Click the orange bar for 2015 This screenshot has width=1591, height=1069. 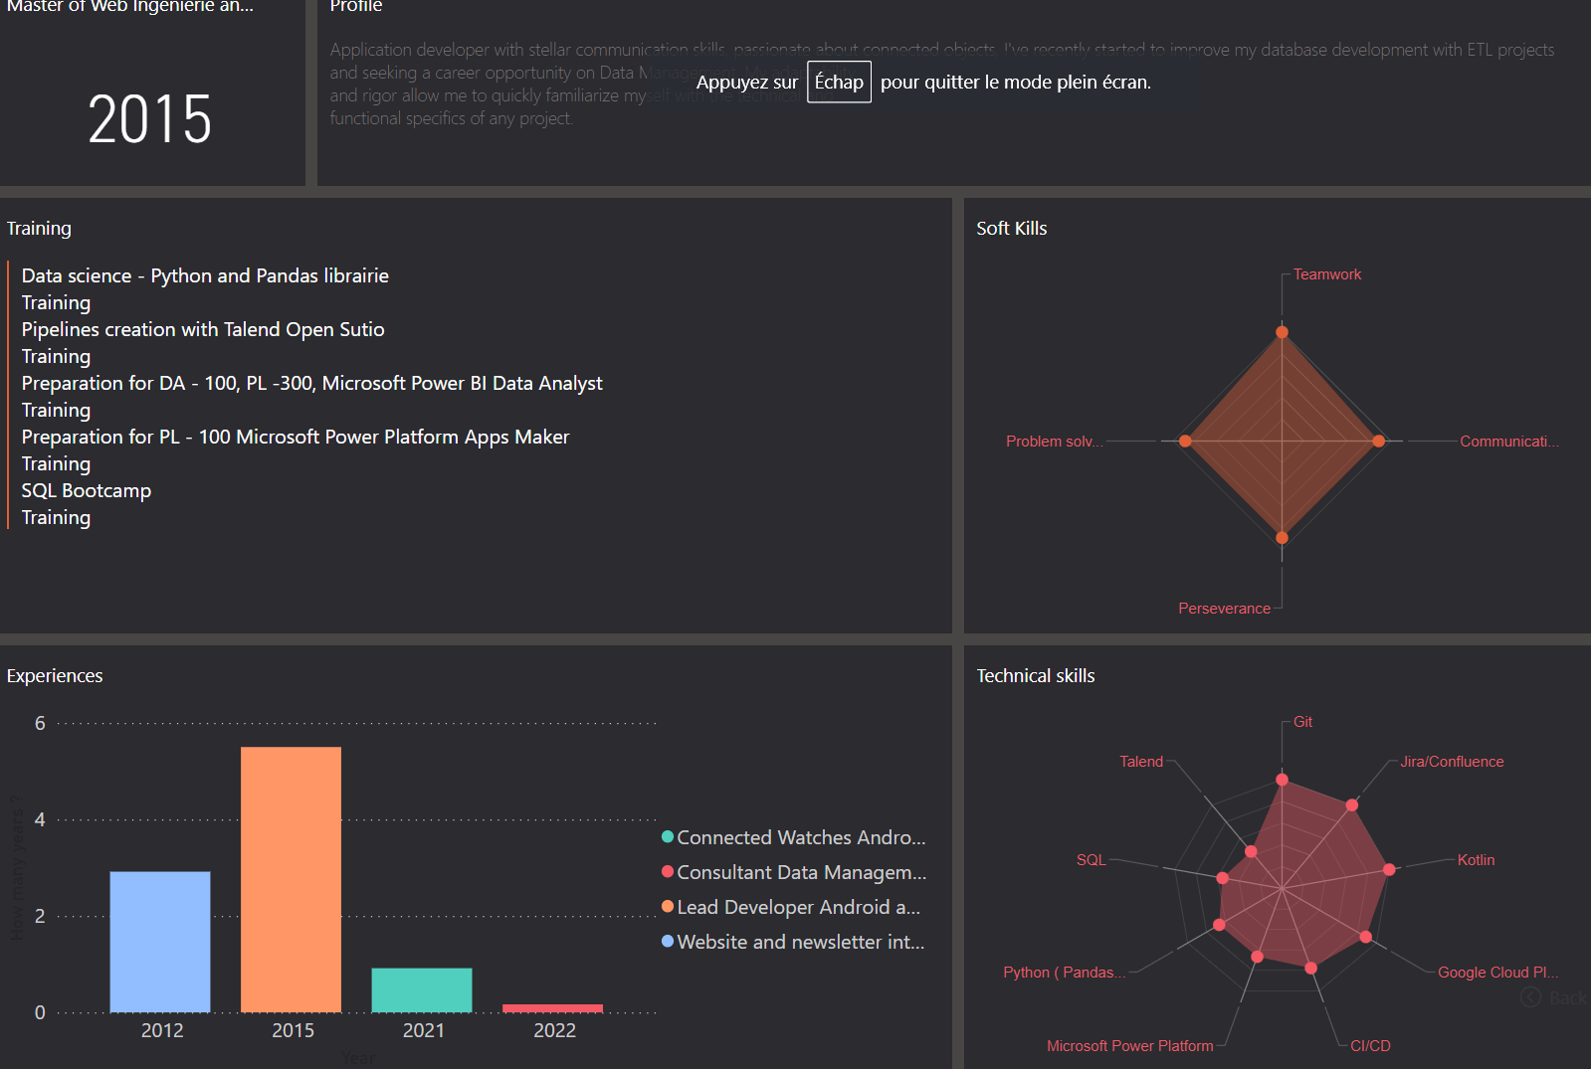click(291, 879)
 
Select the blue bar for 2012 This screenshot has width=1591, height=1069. click(160, 942)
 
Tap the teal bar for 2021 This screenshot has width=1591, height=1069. click(422, 989)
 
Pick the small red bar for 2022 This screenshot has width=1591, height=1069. click(552, 1008)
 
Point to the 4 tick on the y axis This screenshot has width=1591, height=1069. click(40, 819)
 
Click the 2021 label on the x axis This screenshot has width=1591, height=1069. click(424, 1030)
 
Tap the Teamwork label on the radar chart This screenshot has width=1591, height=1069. click(1326, 274)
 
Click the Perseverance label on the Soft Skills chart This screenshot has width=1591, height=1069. click(1224, 609)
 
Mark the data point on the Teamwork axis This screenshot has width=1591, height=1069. click(1282, 332)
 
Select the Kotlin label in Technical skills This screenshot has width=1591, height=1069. click(1476, 860)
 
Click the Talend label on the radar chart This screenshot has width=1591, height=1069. click(1141, 762)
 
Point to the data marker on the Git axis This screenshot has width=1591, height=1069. click(1282, 780)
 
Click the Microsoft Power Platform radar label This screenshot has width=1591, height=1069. click(1129, 1046)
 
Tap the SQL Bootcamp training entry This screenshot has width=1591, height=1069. click(87, 490)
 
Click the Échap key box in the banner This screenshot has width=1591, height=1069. click(839, 82)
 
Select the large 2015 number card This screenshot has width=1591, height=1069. click(150, 119)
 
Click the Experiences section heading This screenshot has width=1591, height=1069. click(55, 676)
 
